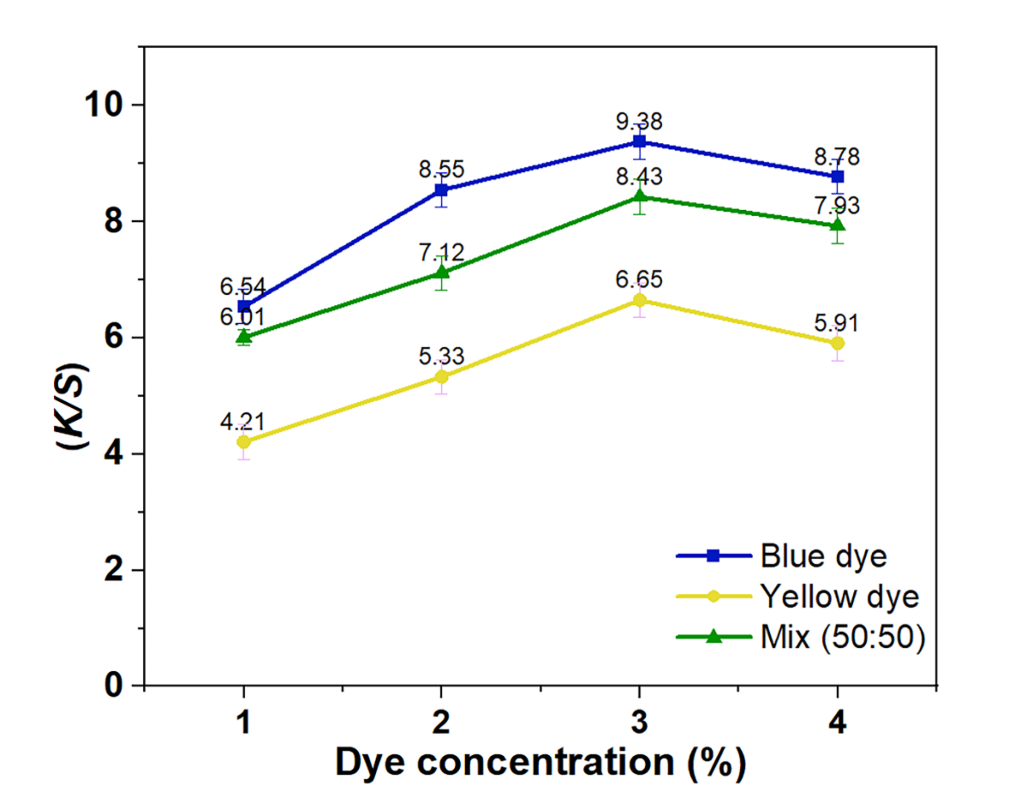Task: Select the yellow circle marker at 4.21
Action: coord(244,442)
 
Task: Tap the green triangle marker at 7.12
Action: coord(441,273)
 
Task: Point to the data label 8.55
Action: coord(441,169)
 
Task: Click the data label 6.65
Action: coord(639,280)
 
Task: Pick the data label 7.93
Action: coord(837,206)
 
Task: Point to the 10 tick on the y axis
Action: coord(104,105)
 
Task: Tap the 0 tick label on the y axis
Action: coord(114,685)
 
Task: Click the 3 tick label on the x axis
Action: coord(639,722)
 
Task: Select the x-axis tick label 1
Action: coord(244,722)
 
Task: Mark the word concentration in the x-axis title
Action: coord(545,763)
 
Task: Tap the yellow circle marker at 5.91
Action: coord(837,343)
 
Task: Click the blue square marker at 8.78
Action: coord(837,176)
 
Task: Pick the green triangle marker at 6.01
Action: coord(244,337)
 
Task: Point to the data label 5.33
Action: coord(441,356)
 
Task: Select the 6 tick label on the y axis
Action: coord(114,336)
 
